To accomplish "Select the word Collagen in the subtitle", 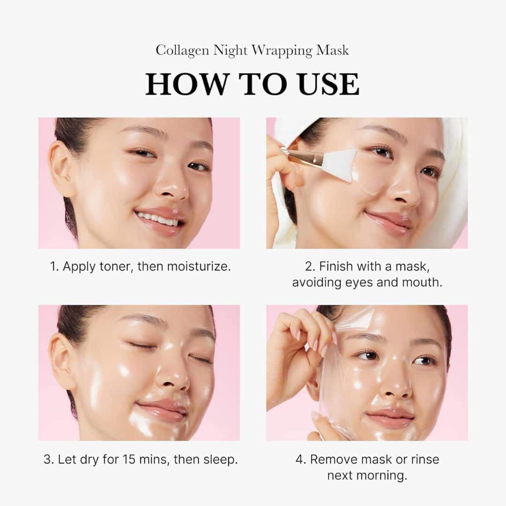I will tap(182, 51).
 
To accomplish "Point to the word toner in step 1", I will tap(115, 267).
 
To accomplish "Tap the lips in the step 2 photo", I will tap(388, 221).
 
